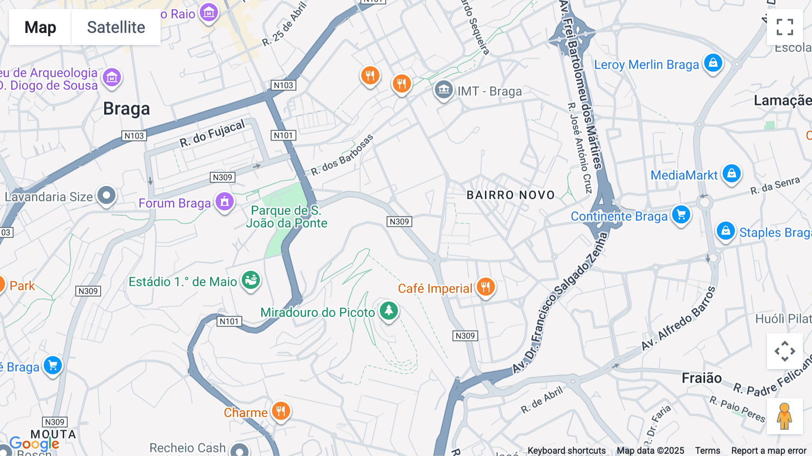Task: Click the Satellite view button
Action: tap(116, 28)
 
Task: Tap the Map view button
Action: tap(40, 28)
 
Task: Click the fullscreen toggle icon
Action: tap(784, 27)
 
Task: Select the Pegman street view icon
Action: tap(784, 416)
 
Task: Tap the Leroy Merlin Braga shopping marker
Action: tap(713, 63)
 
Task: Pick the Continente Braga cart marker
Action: tap(681, 215)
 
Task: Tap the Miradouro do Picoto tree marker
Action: tap(388, 311)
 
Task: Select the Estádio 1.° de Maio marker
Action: tap(251, 280)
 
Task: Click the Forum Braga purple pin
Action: tap(224, 202)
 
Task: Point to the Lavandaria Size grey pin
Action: tap(106, 196)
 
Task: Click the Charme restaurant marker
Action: tap(281, 411)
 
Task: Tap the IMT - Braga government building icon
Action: tap(443, 90)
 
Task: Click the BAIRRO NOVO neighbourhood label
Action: tap(510, 195)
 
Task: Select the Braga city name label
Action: tap(126, 109)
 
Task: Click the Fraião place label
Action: tap(701, 378)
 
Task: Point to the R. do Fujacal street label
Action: tap(212, 134)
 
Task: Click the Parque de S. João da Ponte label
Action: tap(286, 217)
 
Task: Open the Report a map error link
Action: tap(768, 451)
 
